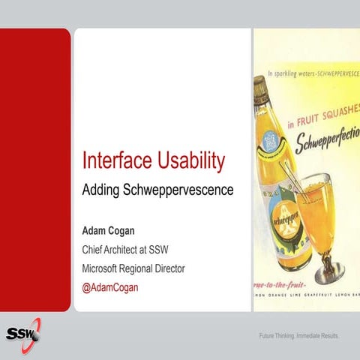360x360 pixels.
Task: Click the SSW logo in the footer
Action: pyautogui.click(x=22, y=332)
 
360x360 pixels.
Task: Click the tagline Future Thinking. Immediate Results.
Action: pyautogui.click(x=298, y=335)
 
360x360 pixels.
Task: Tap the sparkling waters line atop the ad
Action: pyautogui.click(x=313, y=74)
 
